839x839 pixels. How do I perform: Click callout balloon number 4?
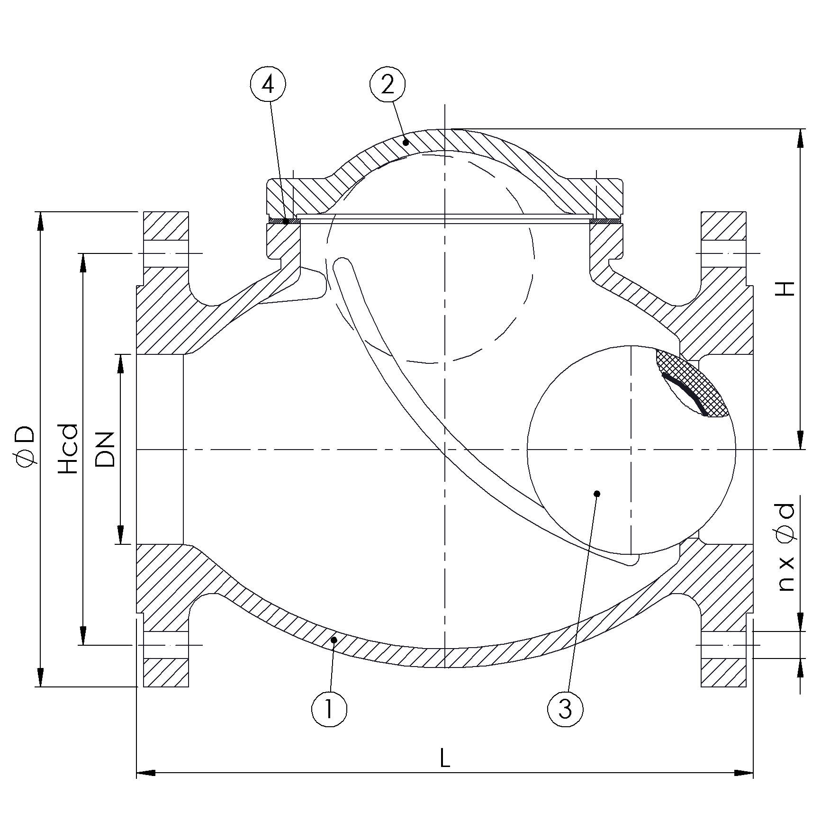pos(268,85)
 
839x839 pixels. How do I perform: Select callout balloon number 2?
pos(388,85)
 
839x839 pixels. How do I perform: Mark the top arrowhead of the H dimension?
pos(800,137)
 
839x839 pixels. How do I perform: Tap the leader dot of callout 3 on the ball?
pos(597,494)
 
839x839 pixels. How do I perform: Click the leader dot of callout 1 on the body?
pos(334,640)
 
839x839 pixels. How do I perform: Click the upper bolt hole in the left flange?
pos(166,253)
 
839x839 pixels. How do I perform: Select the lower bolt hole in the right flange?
pos(723,645)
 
